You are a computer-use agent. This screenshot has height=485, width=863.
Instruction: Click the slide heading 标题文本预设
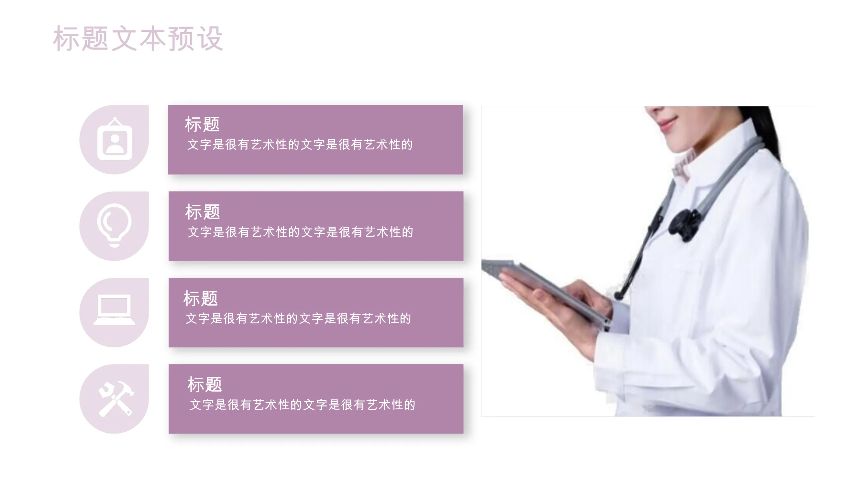(138, 39)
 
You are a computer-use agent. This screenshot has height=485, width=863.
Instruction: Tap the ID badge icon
(115, 139)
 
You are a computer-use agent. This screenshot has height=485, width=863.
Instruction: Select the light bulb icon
(114, 225)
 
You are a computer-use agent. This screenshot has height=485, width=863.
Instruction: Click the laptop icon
(114, 310)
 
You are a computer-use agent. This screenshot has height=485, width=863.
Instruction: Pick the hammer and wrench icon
(116, 399)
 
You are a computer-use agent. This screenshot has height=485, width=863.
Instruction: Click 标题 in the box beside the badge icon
(202, 124)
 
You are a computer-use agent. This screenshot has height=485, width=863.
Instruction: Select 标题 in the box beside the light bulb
(203, 212)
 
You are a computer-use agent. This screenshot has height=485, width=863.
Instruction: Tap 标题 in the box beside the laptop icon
(201, 298)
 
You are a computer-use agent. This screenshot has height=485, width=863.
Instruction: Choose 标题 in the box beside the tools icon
(205, 384)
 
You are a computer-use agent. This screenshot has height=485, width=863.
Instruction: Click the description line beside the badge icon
(300, 145)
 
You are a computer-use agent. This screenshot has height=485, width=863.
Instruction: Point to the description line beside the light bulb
(301, 232)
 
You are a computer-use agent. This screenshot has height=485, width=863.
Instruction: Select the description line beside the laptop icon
(298, 318)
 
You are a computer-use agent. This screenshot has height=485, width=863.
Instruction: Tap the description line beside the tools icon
(303, 405)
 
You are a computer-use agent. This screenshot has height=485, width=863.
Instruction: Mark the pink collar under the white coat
(683, 164)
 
